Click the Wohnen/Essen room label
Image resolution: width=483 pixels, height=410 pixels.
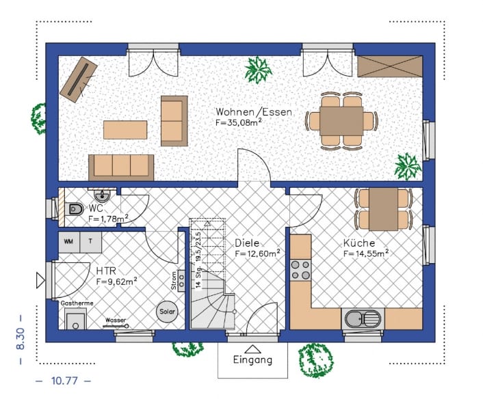click(x=254, y=112)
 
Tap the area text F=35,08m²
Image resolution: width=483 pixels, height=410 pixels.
click(x=239, y=124)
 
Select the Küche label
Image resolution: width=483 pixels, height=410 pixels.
click(x=358, y=243)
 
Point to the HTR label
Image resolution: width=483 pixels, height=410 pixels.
click(x=107, y=270)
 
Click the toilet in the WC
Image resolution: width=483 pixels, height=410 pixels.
click(x=74, y=208)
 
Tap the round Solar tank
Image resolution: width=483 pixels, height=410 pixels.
click(x=167, y=311)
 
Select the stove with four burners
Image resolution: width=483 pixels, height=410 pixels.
click(x=300, y=270)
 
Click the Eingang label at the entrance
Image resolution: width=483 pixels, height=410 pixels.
click(x=252, y=359)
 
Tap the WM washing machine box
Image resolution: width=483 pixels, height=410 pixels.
click(x=69, y=241)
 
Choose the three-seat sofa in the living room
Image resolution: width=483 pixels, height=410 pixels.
click(x=120, y=166)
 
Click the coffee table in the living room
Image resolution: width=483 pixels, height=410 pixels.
click(x=125, y=129)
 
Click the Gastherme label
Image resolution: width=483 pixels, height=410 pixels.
click(x=77, y=303)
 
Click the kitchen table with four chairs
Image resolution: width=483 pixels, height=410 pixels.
click(x=383, y=208)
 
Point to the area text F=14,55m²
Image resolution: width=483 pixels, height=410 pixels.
click(x=366, y=253)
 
